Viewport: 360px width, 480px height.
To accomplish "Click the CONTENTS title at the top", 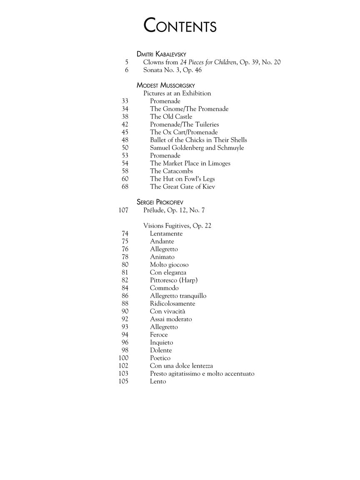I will coord(180,26).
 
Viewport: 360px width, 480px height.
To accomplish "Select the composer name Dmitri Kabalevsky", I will coord(161,54).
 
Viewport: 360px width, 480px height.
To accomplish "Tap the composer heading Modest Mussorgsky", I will coord(165,85).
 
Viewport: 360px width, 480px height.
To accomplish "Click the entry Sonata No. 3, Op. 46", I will coord(172,70).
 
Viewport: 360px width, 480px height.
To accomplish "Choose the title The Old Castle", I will coord(171,117).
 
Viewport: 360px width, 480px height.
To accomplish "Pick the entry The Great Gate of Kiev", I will coord(182,187).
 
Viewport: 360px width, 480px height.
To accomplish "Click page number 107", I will coord(123,210).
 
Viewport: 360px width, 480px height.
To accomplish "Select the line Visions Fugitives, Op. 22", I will coord(177,226).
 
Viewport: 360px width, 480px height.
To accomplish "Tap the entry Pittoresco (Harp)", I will coord(174,280).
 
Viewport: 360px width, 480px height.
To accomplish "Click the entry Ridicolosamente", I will coord(172,303).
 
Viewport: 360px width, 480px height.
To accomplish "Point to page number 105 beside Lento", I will coord(123,381).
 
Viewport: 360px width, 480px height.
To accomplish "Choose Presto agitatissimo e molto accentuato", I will coord(202,373).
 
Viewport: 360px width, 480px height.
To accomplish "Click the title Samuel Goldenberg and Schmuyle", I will coord(197,148).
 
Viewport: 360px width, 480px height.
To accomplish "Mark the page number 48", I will coord(125,140).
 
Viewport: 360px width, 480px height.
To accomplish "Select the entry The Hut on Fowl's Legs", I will coord(182,179).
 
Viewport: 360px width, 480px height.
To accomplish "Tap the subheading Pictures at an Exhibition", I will coord(177,93).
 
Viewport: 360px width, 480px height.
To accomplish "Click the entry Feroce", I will coord(159,335).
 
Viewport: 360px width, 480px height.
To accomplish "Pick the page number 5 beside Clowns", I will coord(126,62).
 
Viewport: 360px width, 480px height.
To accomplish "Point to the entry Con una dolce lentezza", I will coord(181,366).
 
